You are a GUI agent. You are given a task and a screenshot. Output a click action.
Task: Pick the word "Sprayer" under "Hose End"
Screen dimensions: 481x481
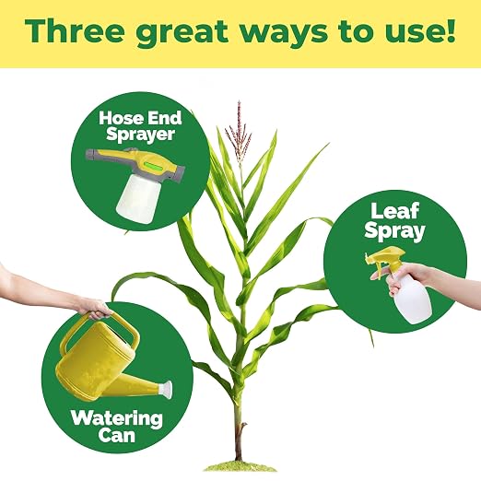click(x=140, y=135)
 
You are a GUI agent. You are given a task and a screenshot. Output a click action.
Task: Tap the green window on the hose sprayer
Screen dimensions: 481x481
click(x=154, y=166)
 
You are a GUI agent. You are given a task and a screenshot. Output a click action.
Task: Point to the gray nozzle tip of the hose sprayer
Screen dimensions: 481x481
click(x=89, y=156)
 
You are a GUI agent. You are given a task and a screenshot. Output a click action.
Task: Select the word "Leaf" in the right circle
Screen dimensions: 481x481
click(x=394, y=211)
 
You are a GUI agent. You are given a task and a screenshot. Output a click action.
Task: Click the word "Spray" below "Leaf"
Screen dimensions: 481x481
click(x=394, y=231)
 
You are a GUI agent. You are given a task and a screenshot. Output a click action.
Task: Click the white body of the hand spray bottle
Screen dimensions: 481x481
click(x=410, y=299)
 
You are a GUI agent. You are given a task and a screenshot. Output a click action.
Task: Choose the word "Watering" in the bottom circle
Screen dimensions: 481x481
click(x=117, y=419)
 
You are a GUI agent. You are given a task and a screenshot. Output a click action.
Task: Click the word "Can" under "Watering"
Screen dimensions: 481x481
click(x=117, y=436)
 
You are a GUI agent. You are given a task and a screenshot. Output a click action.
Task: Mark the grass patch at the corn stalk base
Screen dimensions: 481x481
click(x=240, y=467)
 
